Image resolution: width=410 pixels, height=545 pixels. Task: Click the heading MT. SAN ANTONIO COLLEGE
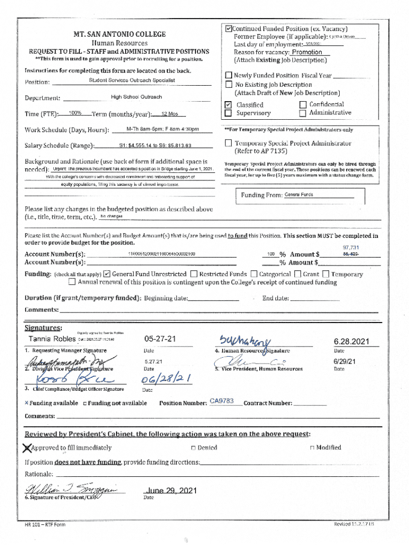pos(119,34)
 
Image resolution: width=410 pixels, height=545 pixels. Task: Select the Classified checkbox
pos(228,105)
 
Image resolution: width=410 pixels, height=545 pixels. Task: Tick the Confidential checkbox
pos(303,105)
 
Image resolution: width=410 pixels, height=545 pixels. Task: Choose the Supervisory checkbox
pos(228,113)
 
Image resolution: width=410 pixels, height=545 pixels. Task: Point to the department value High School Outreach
pos(136,97)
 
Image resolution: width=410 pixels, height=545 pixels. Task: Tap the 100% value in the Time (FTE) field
pos(75,113)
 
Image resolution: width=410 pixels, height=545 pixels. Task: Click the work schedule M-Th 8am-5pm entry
pos(162,129)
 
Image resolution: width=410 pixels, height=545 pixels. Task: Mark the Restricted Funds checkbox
pos(194,274)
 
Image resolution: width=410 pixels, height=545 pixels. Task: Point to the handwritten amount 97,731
pos(350,247)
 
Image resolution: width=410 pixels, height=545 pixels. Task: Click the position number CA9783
pos(222,401)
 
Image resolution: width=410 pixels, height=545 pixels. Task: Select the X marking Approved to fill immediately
pos(27,448)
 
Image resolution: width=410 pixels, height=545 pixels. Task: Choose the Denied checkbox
pos(193,448)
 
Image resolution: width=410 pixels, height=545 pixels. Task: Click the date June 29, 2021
pos(170,490)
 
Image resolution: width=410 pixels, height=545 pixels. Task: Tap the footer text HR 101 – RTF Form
pos(45,525)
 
